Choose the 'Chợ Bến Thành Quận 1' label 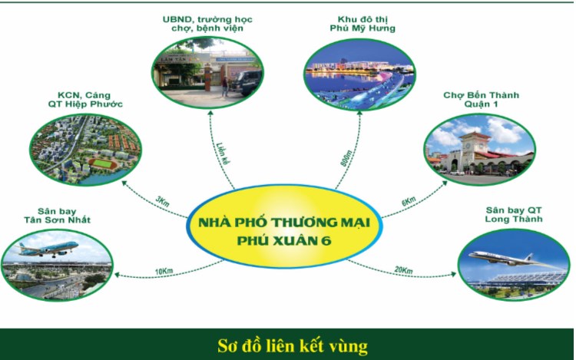[x=482, y=101]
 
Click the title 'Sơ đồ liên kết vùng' [x=287, y=345]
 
